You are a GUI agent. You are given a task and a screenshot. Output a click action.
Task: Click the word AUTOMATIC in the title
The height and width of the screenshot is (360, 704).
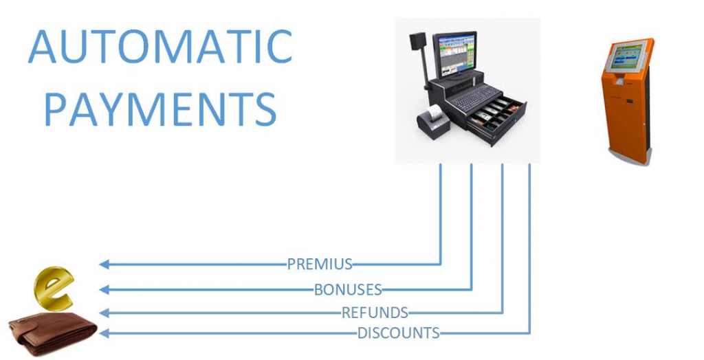[160, 46]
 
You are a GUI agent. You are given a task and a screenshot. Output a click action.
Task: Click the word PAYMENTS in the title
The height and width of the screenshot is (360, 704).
[160, 109]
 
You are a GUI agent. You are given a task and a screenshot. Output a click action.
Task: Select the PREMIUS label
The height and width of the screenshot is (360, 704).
[320, 264]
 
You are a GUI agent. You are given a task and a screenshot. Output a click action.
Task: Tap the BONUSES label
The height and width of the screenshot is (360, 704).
[347, 289]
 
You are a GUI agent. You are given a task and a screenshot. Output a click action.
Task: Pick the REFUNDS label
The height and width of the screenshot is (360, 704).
[375, 313]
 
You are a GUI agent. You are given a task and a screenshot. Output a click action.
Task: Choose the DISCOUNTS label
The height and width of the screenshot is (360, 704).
[398, 333]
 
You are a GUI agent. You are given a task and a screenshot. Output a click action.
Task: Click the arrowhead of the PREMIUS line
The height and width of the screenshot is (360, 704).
[104, 264]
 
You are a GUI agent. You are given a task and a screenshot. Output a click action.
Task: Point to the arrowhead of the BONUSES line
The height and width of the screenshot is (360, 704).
[104, 290]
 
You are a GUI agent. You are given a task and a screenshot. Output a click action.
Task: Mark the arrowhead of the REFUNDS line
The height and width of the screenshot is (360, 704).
[104, 313]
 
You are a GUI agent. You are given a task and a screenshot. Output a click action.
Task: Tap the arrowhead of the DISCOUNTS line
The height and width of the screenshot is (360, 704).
[104, 333]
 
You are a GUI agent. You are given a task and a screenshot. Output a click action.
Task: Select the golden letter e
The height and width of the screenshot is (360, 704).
[54, 288]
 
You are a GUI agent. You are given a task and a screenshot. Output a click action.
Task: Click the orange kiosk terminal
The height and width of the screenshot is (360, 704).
[628, 102]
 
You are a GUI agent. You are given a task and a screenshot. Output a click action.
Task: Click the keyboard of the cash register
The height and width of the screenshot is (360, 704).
[476, 96]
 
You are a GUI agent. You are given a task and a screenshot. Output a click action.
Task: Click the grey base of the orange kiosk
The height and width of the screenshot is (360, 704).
[628, 157]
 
